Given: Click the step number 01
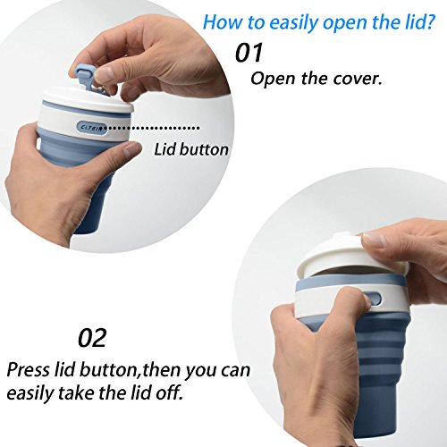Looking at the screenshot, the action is pyautogui.click(x=249, y=53).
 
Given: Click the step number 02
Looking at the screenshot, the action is pyautogui.click(x=92, y=338).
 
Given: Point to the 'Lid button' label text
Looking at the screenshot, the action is pyautogui.click(x=191, y=149).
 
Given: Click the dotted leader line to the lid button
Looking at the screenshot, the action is pyautogui.click(x=153, y=128).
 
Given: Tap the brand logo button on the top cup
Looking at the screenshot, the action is pyautogui.click(x=92, y=128).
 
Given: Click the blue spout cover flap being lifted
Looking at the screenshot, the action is pyautogui.click(x=86, y=75).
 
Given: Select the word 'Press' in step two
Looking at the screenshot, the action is pyautogui.click(x=29, y=370).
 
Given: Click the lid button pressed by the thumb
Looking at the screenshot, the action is pyautogui.click(x=375, y=298).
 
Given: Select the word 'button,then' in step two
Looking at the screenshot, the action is pyautogui.click(x=131, y=370).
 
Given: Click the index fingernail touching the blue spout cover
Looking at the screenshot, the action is pyautogui.click(x=104, y=73).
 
